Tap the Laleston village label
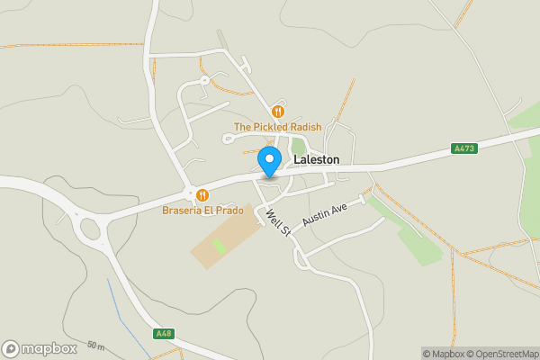pyautogui.click(x=317, y=159)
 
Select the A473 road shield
pyautogui.click(x=464, y=148)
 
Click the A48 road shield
pyautogui.click(x=163, y=334)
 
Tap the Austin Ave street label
pyautogui.click(x=325, y=214)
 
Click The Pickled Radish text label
pyautogui.click(x=277, y=127)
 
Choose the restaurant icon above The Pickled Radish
pyautogui.click(x=277, y=112)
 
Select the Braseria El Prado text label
pyautogui.click(x=202, y=211)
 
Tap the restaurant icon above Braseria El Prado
pyautogui.click(x=202, y=194)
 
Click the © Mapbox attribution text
pyautogui.click(x=441, y=353)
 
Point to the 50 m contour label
pyautogui.click(x=96, y=346)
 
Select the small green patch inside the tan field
pyautogui.click(x=219, y=245)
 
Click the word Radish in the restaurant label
pyautogui.click(x=303, y=127)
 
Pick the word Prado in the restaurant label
pyautogui.click(x=229, y=211)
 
